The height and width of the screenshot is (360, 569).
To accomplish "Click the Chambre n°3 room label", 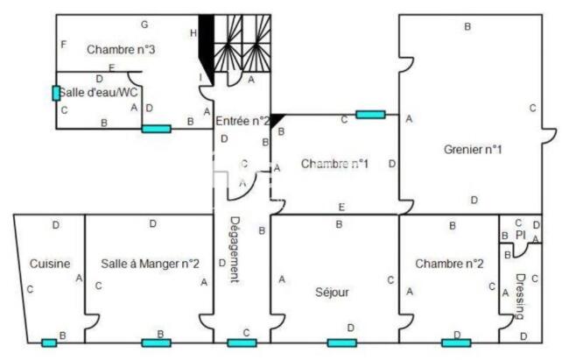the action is (x=121, y=49).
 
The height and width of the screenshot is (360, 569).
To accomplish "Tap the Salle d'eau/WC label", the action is (x=98, y=92).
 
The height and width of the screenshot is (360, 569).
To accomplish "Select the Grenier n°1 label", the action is (x=473, y=149).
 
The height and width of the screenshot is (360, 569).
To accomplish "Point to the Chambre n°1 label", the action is (x=334, y=164).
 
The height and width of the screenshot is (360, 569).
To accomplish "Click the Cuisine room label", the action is (x=50, y=264).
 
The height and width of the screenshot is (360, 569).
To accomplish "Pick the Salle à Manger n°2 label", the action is (x=151, y=264).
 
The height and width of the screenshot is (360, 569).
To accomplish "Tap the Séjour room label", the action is (x=332, y=292).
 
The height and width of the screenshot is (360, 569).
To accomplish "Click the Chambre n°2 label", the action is (x=449, y=264).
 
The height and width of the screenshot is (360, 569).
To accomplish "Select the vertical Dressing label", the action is (x=520, y=296).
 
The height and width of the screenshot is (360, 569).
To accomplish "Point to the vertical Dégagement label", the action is (x=235, y=250).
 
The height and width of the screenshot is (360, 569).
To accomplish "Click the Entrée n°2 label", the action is (x=242, y=121).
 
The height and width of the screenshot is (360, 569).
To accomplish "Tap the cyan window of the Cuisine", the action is (x=49, y=342).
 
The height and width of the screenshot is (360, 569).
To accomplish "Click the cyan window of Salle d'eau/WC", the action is (x=56, y=94).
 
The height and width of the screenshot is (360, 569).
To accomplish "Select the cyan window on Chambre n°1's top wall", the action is (x=370, y=115).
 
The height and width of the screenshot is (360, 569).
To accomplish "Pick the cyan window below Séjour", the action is (x=341, y=342).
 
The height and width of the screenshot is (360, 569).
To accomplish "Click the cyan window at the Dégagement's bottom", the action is (x=242, y=342).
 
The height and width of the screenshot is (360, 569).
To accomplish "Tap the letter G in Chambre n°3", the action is (x=144, y=25).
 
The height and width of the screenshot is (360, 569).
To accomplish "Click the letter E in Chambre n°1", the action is (x=341, y=207).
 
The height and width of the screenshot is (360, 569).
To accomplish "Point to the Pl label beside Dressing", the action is (x=520, y=235).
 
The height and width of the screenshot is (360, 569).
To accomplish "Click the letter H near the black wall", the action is (x=193, y=33).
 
